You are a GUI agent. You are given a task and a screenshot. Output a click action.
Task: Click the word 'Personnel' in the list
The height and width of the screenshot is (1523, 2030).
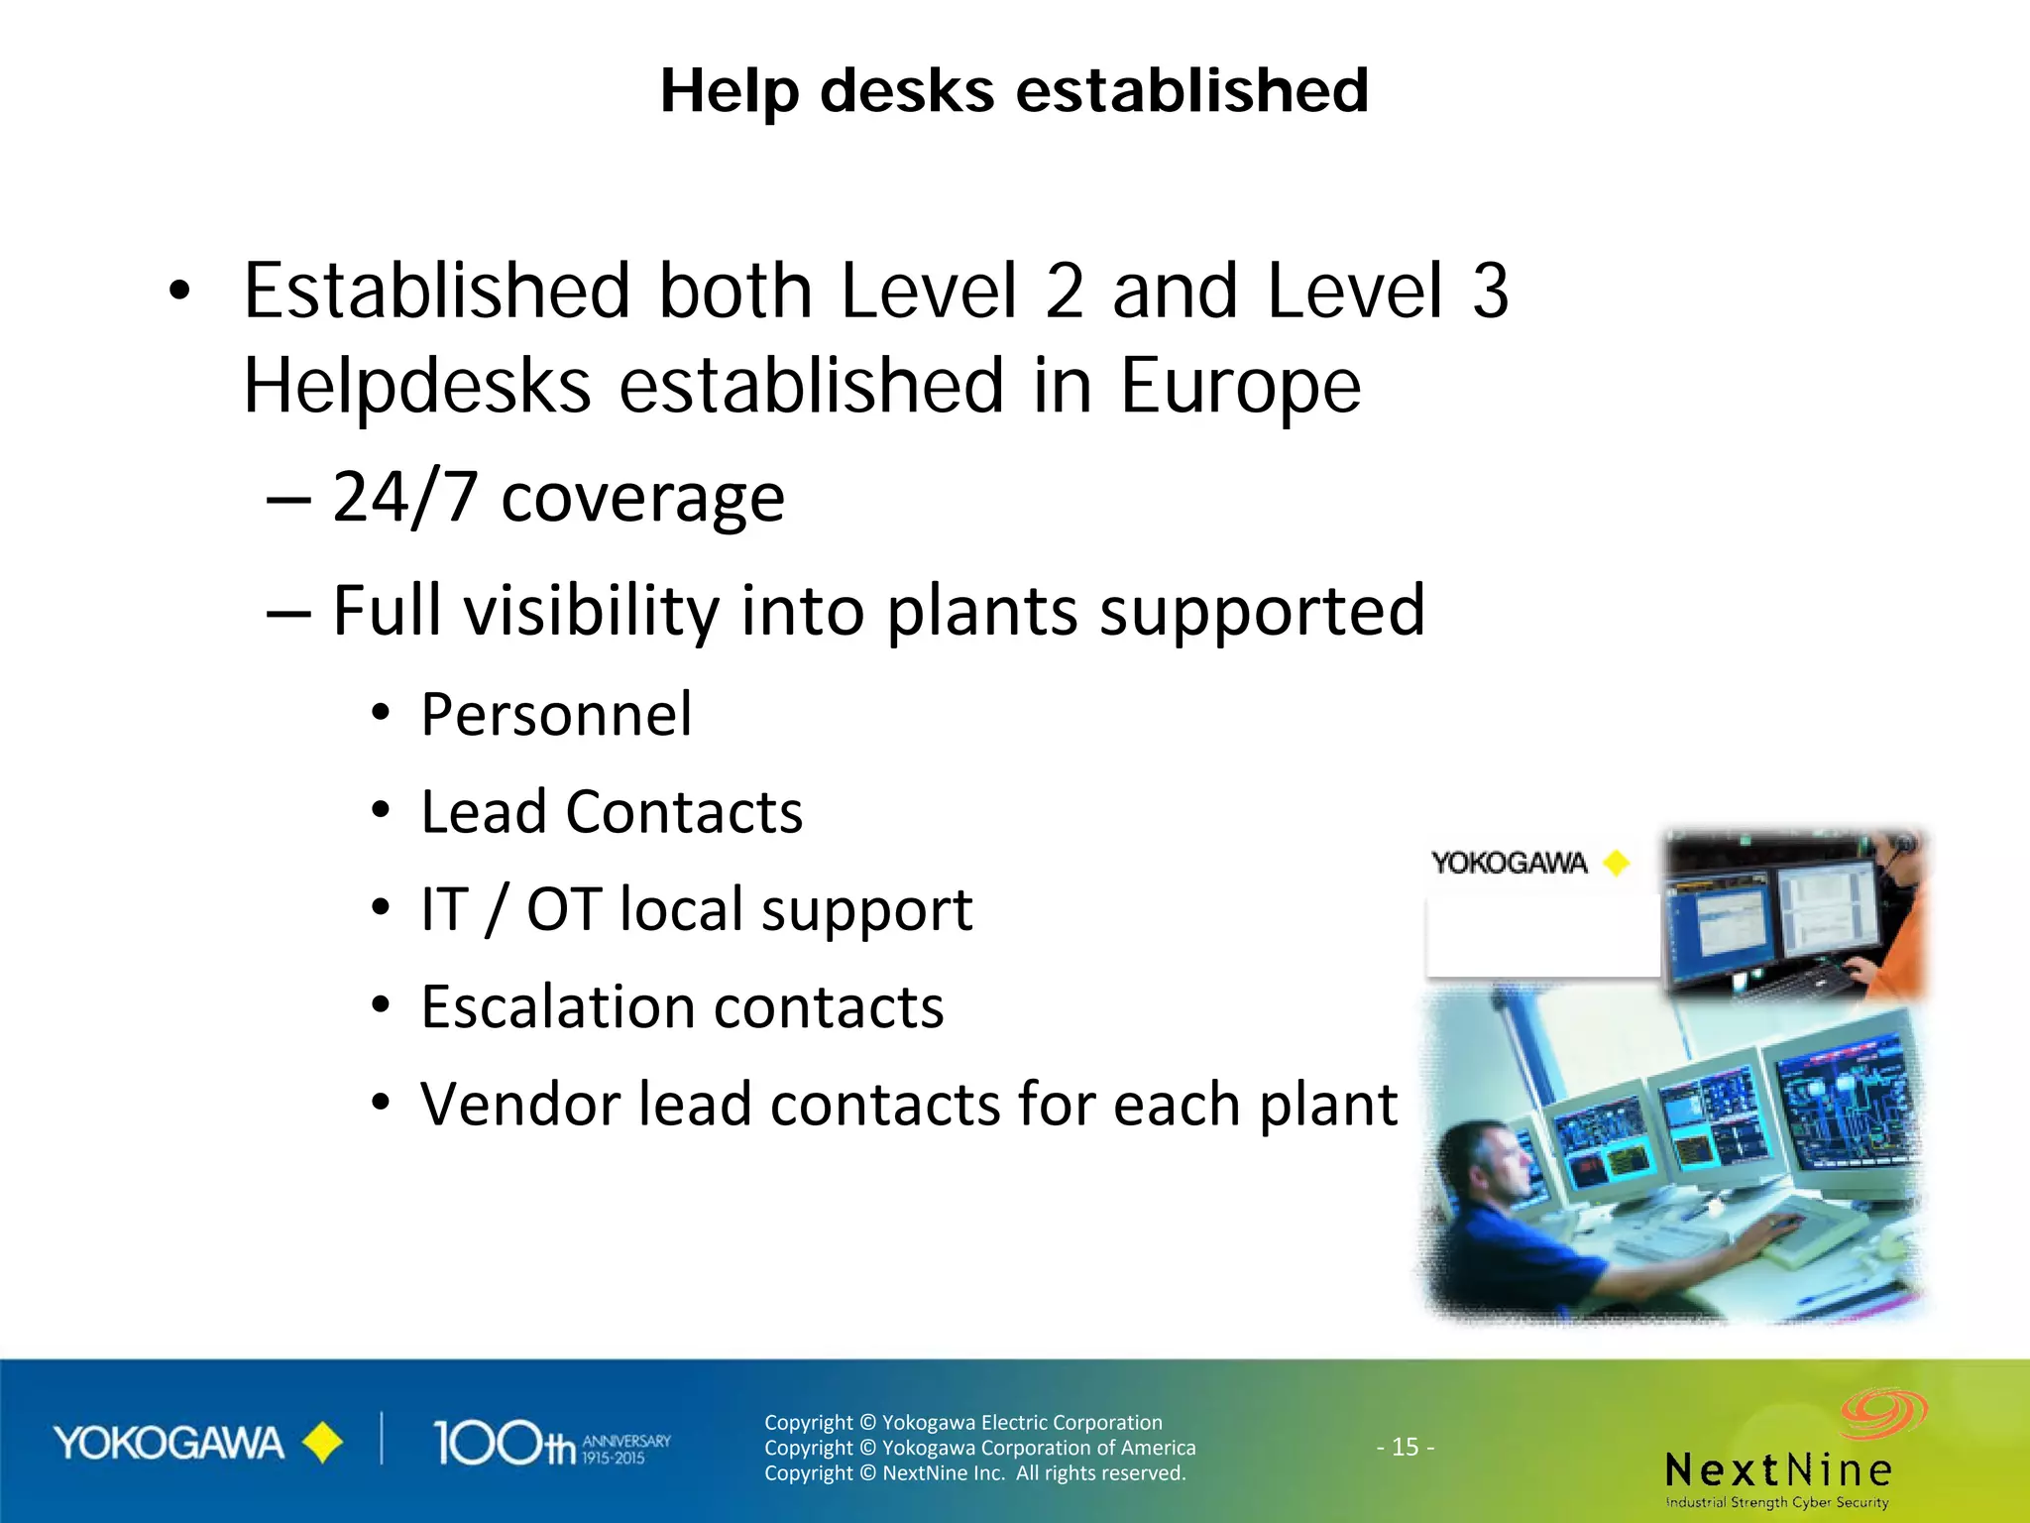(x=556, y=714)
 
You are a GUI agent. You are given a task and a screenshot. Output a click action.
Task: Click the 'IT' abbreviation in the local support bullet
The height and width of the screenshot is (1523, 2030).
(x=443, y=909)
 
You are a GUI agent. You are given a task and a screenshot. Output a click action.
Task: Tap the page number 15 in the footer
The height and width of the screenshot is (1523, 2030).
(x=1405, y=1447)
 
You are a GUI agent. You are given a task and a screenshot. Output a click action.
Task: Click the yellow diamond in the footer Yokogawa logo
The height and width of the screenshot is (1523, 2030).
(x=322, y=1443)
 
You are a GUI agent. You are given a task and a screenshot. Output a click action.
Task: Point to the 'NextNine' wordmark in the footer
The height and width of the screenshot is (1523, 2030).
(x=1778, y=1469)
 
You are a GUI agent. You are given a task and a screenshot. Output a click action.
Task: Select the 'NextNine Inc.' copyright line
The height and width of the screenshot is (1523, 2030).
(x=974, y=1473)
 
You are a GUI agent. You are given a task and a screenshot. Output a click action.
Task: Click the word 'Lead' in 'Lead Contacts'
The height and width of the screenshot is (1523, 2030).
(x=484, y=812)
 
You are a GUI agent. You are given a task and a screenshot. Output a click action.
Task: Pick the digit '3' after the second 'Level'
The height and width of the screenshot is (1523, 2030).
(x=1490, y=292)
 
